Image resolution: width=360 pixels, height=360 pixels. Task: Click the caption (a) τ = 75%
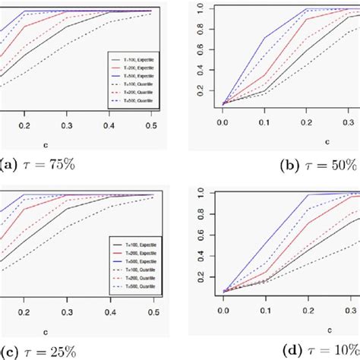pyautogui.click(x=43, y=163)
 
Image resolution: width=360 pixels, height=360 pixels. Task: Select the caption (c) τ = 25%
pyautogui.click(x=42, y=351)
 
